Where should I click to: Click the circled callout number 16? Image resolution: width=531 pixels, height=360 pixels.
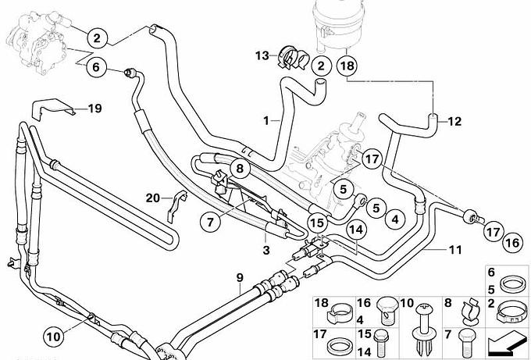coord(512,243)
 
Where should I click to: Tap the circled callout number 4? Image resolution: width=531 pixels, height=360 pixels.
coord(395,219)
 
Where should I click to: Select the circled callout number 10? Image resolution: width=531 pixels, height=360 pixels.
coord(54,337)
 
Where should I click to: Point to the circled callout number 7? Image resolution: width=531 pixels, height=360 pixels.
coord(210,222)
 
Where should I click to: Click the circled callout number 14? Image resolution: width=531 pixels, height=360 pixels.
coord(356,230)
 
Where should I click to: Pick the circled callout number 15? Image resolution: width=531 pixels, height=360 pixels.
coord(317,223)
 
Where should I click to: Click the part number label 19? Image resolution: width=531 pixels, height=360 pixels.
coord(94,109)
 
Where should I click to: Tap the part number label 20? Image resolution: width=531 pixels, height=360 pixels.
coord(153,198)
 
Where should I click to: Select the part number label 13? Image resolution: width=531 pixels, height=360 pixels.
coord(262,55)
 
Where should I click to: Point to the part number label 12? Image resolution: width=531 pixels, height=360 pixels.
coord(454,121)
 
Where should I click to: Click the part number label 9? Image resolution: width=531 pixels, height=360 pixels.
coord(240,278)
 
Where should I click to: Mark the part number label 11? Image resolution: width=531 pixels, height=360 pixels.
coord(455,250)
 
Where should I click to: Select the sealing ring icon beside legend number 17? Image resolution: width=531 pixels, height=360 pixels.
coord(340,347)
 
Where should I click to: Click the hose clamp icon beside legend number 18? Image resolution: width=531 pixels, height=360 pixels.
coord(339,312)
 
